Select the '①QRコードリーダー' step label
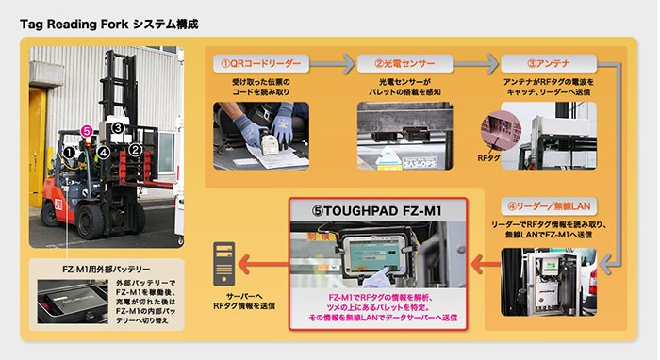(x=262, y=64)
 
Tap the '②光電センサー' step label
(x=405, y=64)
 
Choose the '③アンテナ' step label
(x=549, y=64)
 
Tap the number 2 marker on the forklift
(x=136, y=148)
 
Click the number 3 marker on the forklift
(x=117, y=126)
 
